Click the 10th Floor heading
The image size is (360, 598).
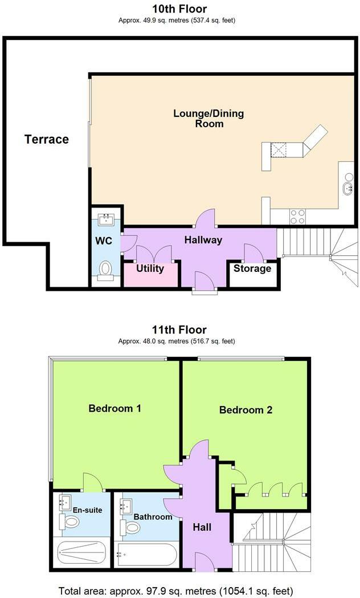point(179,9)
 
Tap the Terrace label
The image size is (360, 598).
point(47,139)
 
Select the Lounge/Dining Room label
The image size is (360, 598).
point(208,118)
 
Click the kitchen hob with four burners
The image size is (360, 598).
point(297,217)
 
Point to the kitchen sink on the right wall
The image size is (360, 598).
point(347,188)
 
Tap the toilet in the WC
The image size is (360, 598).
point(105,270)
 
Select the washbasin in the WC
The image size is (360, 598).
point(105,219)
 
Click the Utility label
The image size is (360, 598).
point(150,269)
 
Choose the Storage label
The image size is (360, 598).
point(252,269)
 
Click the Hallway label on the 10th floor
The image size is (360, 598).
point(203,240)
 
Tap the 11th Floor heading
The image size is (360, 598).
point(179,329)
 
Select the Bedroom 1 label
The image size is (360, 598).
point(115,408)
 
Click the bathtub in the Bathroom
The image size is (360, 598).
point(146,554)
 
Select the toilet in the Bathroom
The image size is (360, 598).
point(132,527)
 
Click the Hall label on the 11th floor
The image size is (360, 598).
point(202,527)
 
